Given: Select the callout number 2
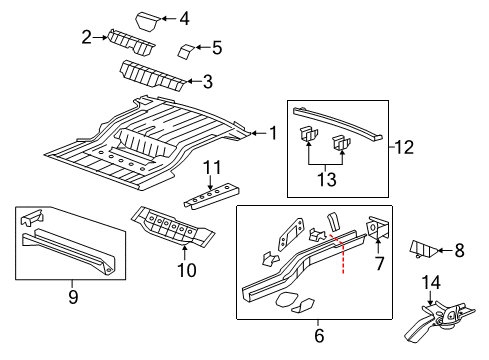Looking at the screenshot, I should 88,38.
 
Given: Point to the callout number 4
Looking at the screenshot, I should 183,17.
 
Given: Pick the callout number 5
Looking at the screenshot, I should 217,47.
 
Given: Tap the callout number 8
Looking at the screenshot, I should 460,250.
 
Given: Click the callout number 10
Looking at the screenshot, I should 183,268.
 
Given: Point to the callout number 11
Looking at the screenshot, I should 211,166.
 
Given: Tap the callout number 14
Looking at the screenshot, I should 432,281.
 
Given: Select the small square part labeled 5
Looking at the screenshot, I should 186,51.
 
